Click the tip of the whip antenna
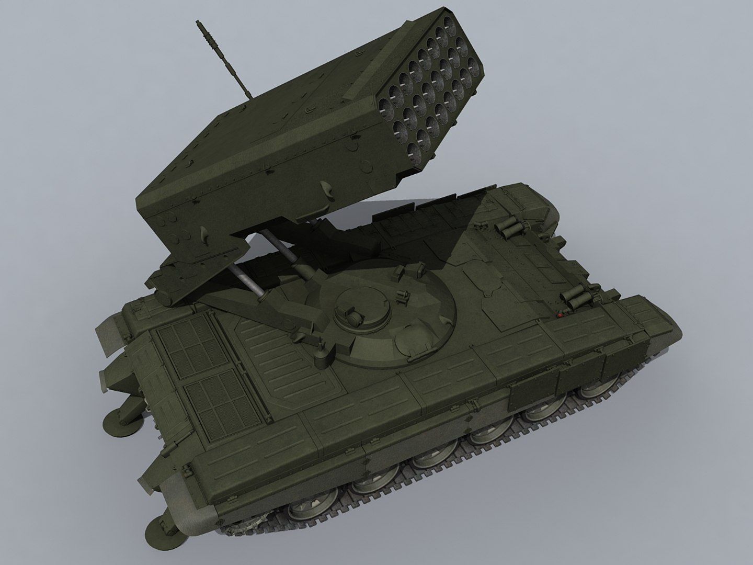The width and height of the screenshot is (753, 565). (199, 23)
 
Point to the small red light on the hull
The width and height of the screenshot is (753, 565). (561, 315)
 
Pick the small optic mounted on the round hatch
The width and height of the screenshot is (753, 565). (351, 316)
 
